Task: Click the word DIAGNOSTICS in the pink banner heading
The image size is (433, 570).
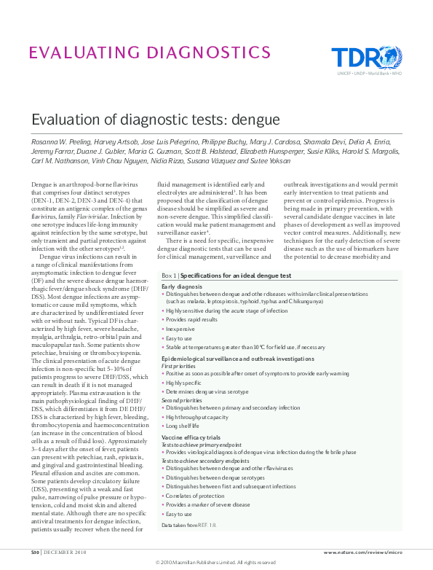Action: pyautogui.click(x=208, y=52)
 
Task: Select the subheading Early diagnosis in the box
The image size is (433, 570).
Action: pyautogui.click(x=182, y=286)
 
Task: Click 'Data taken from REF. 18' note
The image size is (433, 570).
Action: pyautogui.click(x=188, y=524)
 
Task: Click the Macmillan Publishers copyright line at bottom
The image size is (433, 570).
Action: pyautogui.click(x=216, y=563)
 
